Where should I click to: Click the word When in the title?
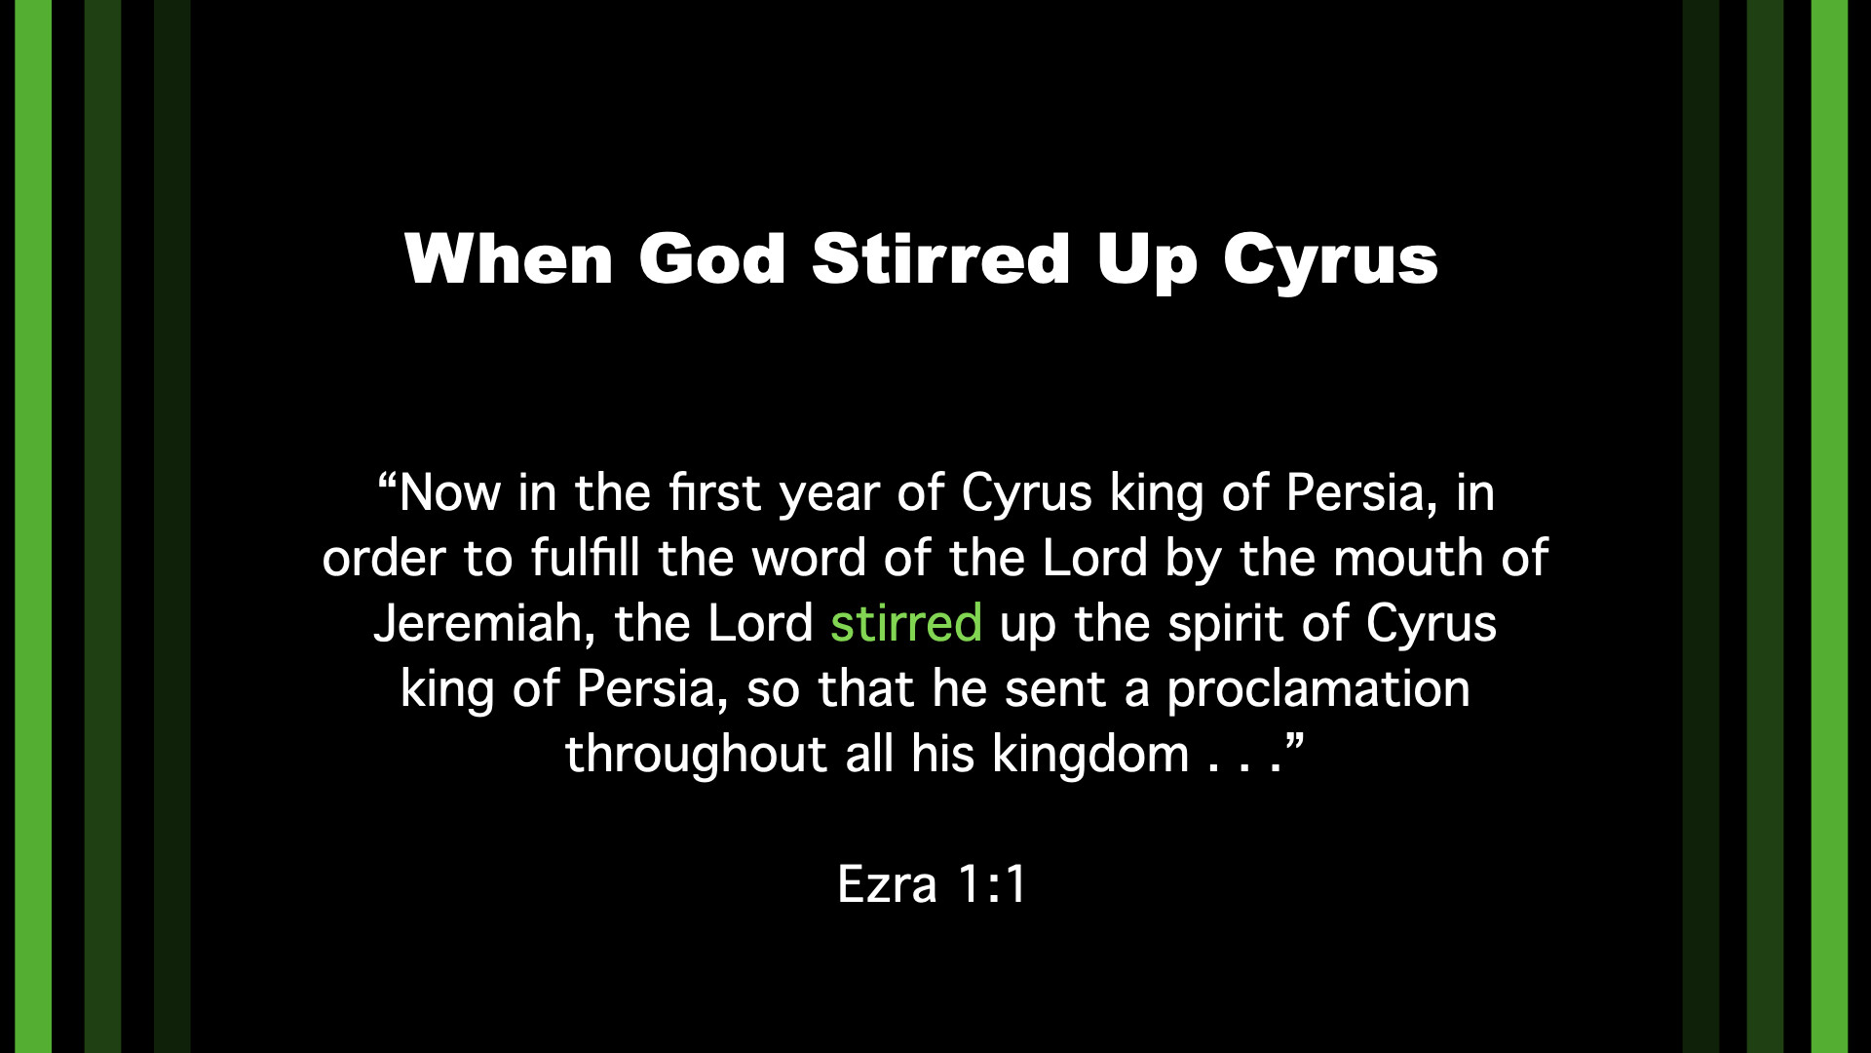509,259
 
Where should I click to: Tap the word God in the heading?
712,259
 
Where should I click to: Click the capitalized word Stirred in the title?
941,259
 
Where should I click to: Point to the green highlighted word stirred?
905,623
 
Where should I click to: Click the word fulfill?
585,559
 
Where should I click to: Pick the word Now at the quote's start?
449,493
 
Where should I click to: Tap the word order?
384,559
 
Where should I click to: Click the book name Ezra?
887,885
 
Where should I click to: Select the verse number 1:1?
992,885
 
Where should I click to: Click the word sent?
1055,690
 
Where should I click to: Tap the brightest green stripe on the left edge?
33,526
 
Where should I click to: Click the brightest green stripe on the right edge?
1829,526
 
